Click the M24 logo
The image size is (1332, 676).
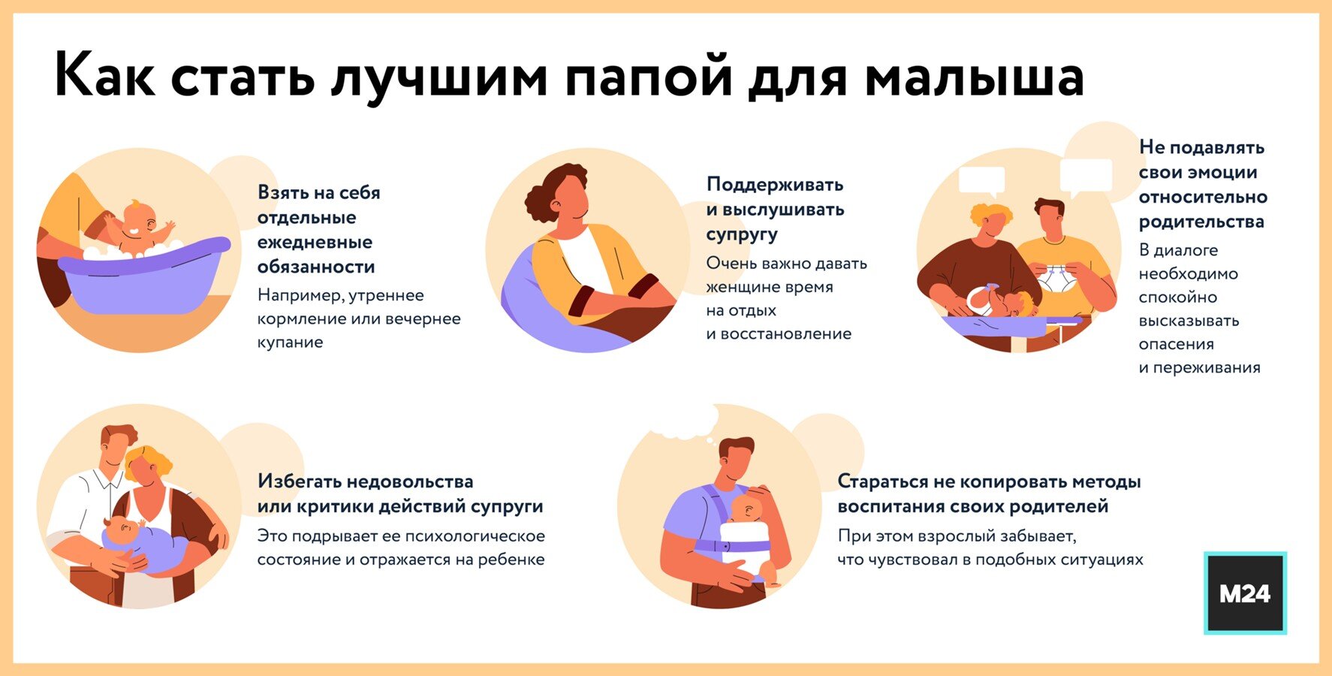click(x=1245, y=593)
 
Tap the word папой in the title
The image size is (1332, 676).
click(x=648, y=77)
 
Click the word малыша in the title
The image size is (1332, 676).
click(x=975, y=77)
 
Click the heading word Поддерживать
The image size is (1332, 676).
click(x=775, y=185)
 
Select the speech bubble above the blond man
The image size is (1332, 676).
click(x=981, y=181)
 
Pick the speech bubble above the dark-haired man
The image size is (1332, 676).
click(x=1086, y=177)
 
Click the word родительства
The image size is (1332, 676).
click(x=1201, y=222)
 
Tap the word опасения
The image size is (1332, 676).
click(x=1176, y=345)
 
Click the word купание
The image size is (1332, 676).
click(x=290, y=343)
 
